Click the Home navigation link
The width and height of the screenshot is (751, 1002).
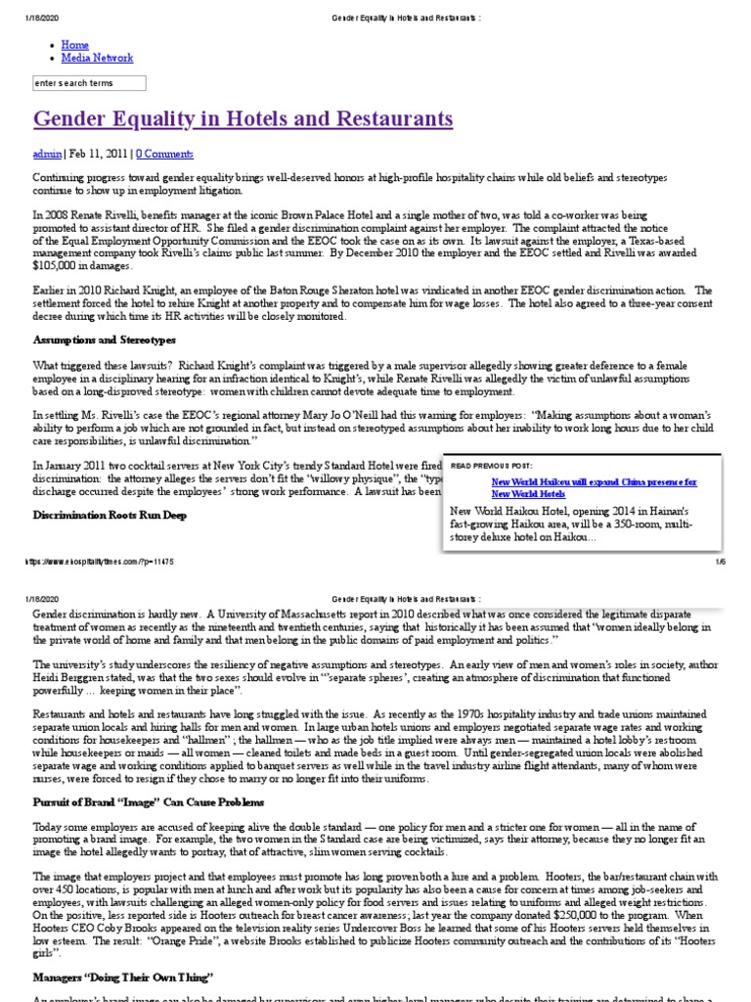click(74, 45)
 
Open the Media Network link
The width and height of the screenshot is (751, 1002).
click(97, 59)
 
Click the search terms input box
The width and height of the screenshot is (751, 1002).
click(89, 83)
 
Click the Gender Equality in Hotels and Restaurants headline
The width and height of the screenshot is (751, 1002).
click(243, 119)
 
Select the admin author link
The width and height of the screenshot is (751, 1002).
click(47, 154)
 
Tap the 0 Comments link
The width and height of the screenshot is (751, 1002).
click(164, 154)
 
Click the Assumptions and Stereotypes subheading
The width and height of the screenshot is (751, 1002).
click(104, 340)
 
